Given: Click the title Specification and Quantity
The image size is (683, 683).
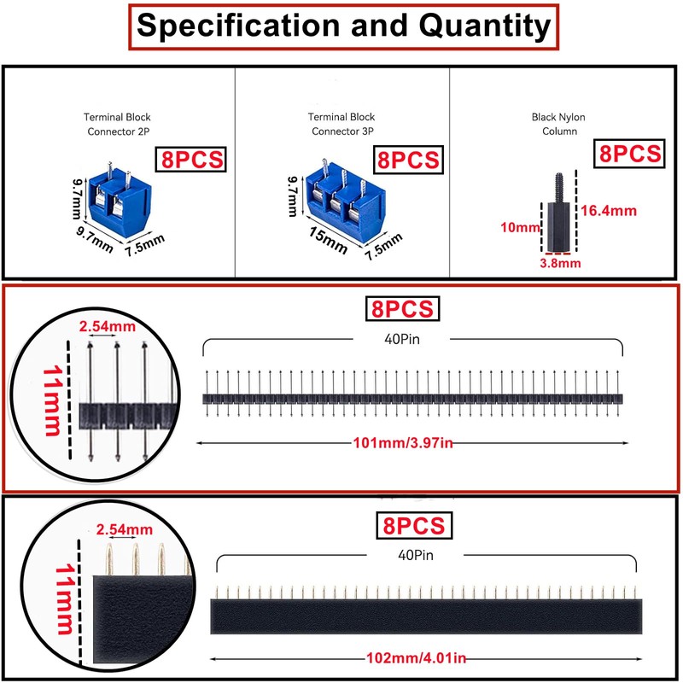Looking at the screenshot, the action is [x=343, y=26].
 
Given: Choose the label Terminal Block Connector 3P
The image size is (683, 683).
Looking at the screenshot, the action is [x=342, y=124].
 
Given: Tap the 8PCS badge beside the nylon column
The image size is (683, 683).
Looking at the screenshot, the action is [x=630, y=155].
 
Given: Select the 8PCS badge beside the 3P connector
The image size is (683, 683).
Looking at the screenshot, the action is [x=408, y=160].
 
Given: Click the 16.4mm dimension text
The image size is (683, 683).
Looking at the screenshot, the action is [x=610, y=211].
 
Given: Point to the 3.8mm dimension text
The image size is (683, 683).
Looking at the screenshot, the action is [x=560, y=263].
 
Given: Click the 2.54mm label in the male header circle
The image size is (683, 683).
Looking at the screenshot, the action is [x=106, y=326].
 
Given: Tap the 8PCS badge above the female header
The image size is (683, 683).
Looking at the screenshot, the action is [x=413, y=524].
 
